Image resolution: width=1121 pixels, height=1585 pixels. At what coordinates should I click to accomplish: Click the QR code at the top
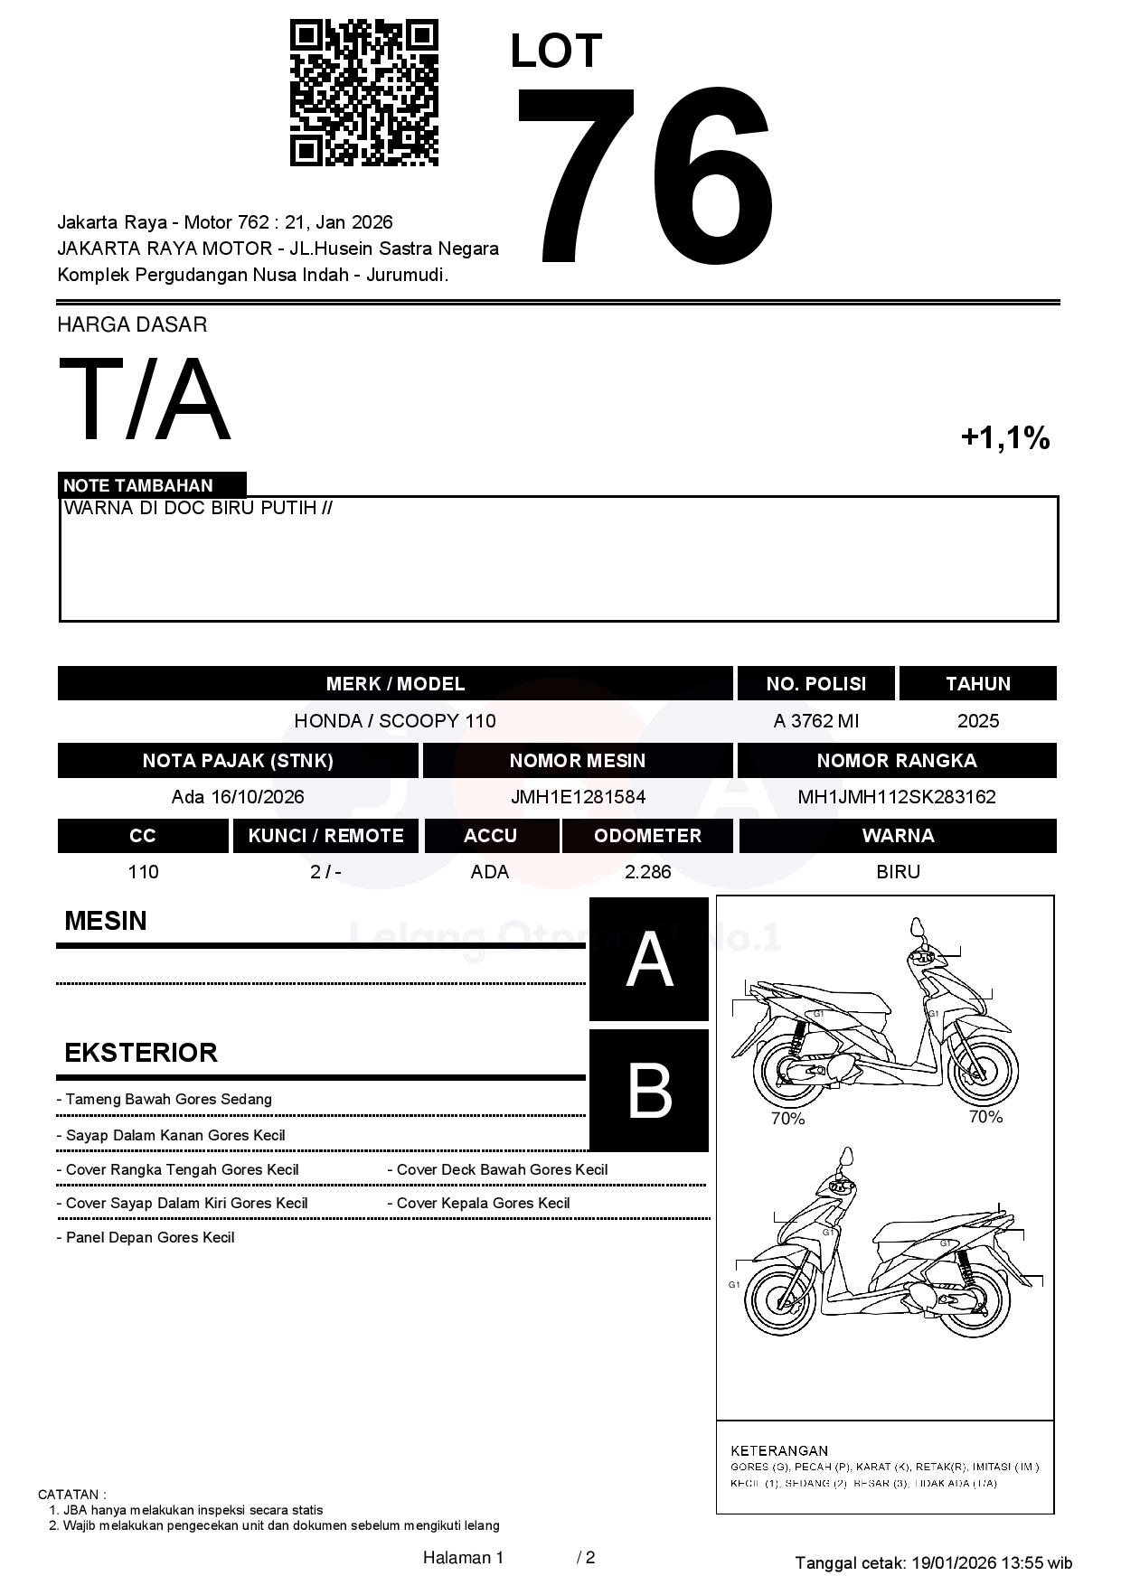(x=363, y=93)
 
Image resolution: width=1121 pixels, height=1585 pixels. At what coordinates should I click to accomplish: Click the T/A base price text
(x=145, y=399)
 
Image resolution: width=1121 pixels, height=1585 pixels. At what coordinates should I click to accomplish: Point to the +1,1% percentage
(x=1004, y=438)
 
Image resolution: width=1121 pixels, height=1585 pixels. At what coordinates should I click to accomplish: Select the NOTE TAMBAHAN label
(x=138, y=485)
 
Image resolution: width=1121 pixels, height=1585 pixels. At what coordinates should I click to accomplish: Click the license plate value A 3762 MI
(x=815, y=721)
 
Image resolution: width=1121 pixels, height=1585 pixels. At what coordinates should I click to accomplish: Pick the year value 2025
(x=977, y=721)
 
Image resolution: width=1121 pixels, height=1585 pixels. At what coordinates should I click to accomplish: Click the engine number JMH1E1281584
(x=578, y=797)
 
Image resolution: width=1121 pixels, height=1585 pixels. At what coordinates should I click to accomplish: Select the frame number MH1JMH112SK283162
(x=896, y=797)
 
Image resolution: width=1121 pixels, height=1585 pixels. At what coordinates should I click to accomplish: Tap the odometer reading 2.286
(x=647, y=872)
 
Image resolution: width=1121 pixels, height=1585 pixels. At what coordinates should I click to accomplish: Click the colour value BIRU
(x=898, y=872)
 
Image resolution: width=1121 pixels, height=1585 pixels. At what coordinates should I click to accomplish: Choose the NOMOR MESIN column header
(x=578, y=761)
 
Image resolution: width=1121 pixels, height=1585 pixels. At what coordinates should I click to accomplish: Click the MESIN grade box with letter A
(x=649, y=960)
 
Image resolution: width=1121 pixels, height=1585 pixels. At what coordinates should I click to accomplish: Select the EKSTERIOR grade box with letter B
(x=649, y=1091)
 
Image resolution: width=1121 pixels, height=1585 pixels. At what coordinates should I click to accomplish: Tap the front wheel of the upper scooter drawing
(x=984, y=1068)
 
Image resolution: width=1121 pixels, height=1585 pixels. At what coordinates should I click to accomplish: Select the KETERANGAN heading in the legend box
(x=779, y=1450)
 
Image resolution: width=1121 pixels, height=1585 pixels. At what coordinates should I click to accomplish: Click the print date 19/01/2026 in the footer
(x=953, y=1562)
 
